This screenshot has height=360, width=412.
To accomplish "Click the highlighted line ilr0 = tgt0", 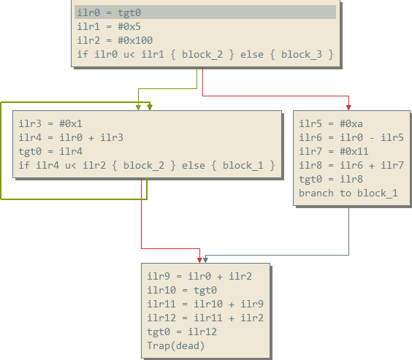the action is [109, 12].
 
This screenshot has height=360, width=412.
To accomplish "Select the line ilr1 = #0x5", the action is [109, 26].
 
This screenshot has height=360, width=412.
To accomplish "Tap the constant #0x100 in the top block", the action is [135, 40].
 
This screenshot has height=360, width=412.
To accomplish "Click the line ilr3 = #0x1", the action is [50, 123].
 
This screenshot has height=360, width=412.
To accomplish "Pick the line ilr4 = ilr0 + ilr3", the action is [71, 137].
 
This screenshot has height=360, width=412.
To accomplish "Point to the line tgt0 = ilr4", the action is [50, 151].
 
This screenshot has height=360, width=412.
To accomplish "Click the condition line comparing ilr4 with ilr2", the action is [147, 166].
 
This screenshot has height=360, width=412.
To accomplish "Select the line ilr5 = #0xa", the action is [331, 123].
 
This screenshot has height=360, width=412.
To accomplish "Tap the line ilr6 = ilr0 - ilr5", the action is [351, 137].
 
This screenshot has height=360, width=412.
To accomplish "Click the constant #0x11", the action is [354, 151].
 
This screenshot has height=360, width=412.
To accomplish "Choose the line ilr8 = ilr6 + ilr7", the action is [351, 166].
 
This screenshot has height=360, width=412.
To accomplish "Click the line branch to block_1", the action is [348, 194].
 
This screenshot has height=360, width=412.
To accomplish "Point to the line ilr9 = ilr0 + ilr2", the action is [199, 276].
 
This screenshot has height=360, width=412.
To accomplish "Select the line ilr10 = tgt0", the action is [182, 290].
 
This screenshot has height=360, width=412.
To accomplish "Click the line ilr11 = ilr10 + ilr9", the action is [205, 304].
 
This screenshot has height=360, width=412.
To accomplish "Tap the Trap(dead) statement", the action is [176, 346].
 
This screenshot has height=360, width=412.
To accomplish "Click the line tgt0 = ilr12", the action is [182, 332].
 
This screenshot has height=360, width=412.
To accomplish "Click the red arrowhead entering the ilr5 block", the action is [348, 107].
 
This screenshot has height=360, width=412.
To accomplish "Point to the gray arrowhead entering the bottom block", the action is [205, 260].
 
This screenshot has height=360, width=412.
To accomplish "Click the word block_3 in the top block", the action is [302, 55].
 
